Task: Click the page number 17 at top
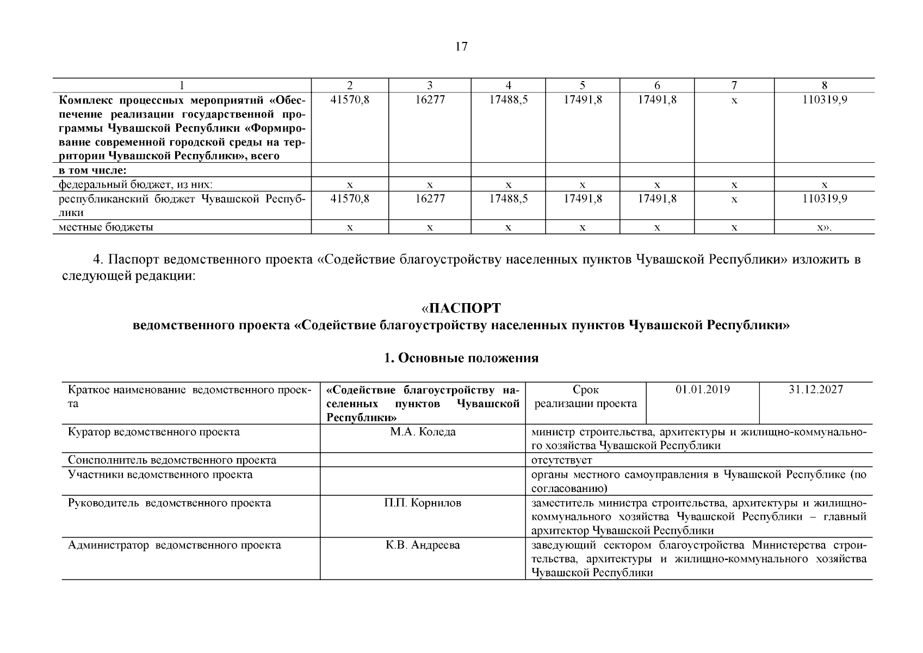pos(461,47)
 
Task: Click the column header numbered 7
pos(734,85)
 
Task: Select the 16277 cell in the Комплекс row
pos(430,100)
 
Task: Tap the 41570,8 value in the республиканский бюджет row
pos(350,199)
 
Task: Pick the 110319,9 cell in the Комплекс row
pos(824,100)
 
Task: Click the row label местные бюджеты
pos(106,227)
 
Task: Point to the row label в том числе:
pos(92,170)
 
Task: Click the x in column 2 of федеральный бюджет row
pos(350,185)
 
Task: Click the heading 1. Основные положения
pos(461,358)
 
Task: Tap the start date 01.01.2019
pos(702,390)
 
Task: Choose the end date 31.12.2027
pos(815,390)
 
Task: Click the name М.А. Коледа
pos(423,432)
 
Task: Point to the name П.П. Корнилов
pos(423,503)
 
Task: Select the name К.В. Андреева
pos(423,545)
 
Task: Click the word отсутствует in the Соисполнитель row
pos(561,460)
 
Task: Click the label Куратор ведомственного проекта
pos(153,432)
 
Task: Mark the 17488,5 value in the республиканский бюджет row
pos(508,199)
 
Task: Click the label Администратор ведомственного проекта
pos(174,545)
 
